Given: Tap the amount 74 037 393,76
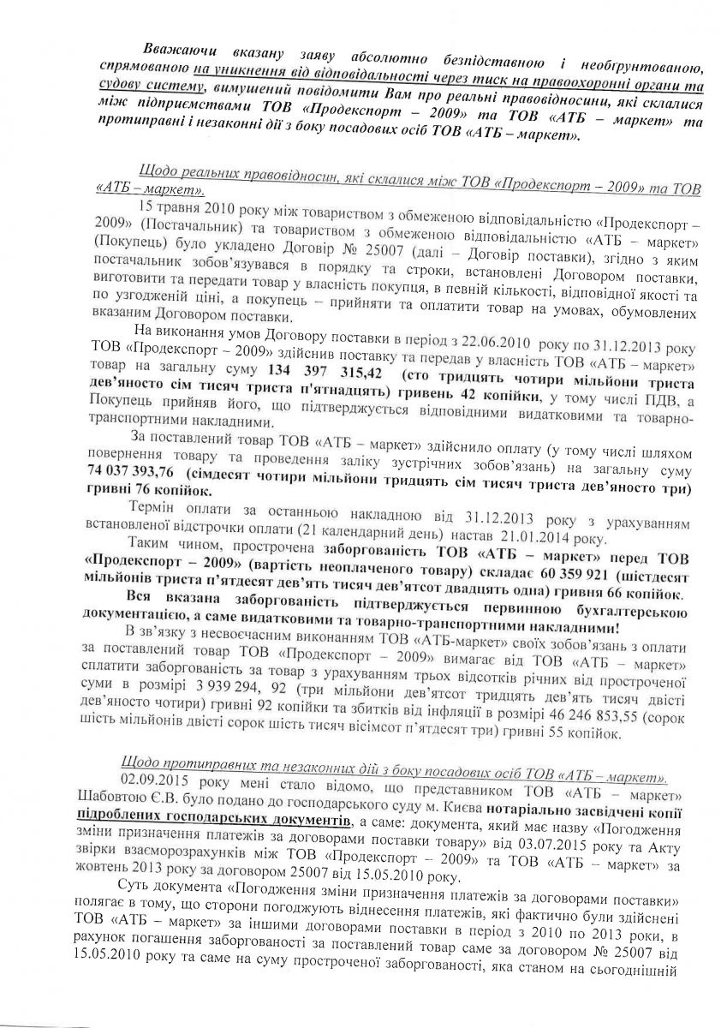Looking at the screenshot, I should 131,472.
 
